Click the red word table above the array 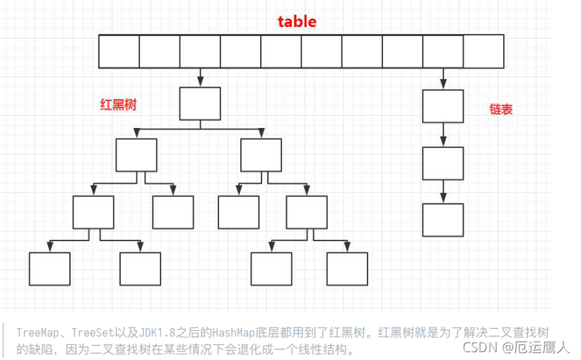297,21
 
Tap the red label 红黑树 118,105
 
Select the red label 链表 500,110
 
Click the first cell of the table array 119,50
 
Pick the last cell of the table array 483,50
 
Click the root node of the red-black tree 200,103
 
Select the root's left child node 136,155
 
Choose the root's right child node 261,155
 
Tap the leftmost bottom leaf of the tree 49,268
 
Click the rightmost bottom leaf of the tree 347,268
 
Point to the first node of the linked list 443,106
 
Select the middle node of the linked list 443,163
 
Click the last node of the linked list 443,219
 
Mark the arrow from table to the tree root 200,76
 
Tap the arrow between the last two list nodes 443,192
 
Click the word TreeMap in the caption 37,332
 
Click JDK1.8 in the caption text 165,332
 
